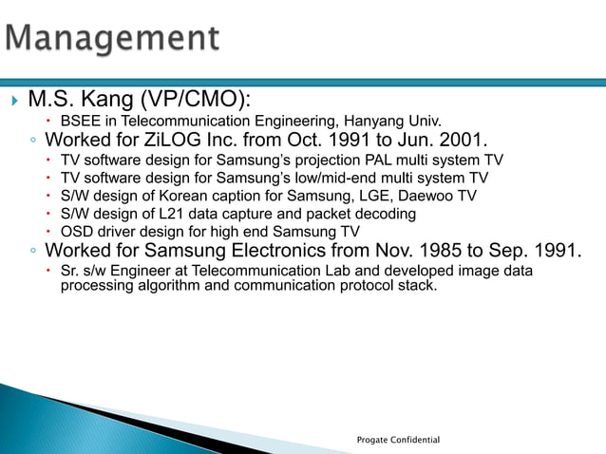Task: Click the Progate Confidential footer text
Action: pos(398,440)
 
